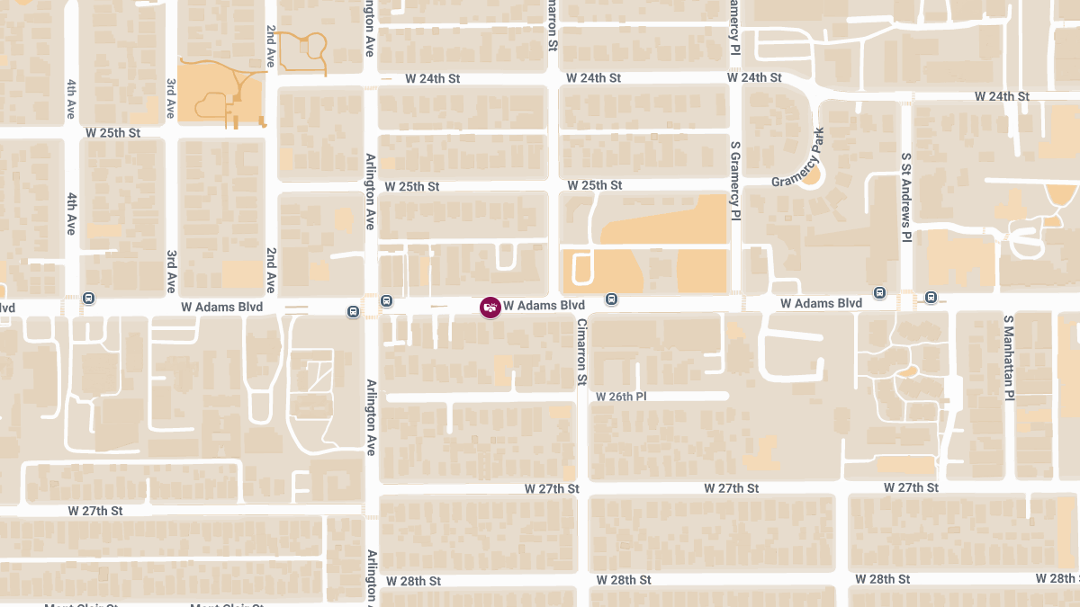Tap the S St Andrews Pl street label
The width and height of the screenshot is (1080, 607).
coord(907,196)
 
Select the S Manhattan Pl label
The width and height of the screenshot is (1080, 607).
coord(1009,357)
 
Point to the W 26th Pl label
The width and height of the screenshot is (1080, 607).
coord(621,397)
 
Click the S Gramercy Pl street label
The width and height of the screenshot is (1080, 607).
coord(735,180)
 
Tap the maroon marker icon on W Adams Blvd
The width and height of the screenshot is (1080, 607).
coord(490,308)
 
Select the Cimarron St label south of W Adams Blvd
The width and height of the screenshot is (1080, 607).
coord(581,353)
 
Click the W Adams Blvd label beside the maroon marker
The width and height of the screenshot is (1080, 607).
coord(544,306)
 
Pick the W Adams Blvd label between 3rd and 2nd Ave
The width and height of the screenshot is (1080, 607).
coord(221,307)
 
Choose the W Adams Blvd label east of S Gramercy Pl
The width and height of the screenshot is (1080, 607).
coord(821,304)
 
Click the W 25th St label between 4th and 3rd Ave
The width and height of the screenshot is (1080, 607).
coord(113,133)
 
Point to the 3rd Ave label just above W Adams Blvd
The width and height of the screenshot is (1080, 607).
coord(171,272)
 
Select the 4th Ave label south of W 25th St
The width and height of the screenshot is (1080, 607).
coord(70,212)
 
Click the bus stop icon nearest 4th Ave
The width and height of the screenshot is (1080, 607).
coord(88,299)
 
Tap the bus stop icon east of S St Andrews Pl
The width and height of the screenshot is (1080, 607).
coord(931,297)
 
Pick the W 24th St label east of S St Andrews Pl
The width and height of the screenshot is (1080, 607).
coord(1002,96)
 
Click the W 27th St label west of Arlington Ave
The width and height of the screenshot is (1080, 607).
coord(95,511)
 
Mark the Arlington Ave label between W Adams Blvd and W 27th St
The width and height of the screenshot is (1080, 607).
coord(370,417)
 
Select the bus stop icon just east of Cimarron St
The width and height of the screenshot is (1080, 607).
coord(611,299)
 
